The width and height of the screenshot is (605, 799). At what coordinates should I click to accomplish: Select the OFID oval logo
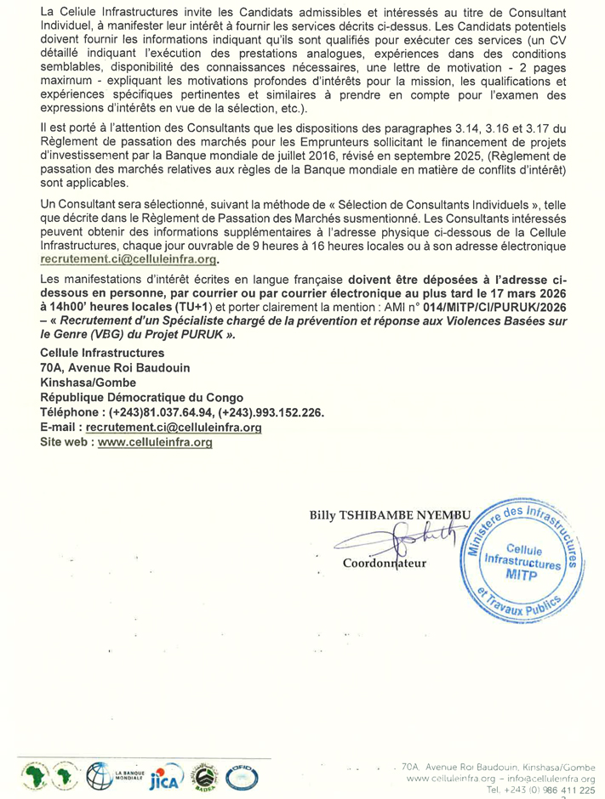coord(240,776)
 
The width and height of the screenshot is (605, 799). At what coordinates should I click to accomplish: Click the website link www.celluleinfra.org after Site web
coord(154,442)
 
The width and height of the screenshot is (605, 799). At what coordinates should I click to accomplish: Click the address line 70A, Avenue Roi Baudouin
coord(116,367)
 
